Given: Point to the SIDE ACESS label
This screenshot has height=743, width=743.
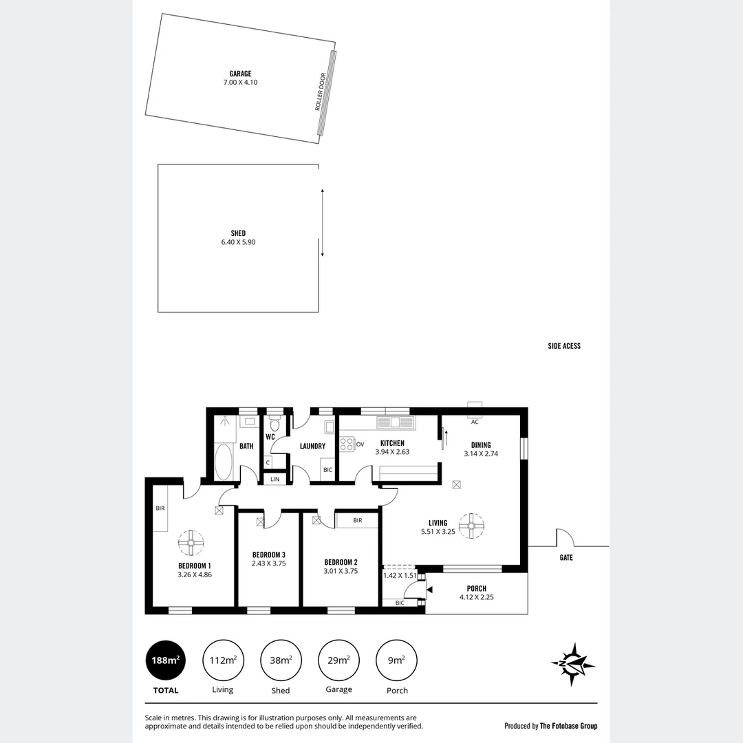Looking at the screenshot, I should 564,346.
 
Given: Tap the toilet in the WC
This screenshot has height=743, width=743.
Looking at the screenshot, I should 275,425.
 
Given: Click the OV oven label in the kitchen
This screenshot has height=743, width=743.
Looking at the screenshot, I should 360,444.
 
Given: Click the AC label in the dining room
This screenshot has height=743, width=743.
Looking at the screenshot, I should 475,422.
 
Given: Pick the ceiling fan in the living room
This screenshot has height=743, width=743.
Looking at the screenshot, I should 472,526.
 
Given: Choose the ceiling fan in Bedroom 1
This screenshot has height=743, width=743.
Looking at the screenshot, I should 191,543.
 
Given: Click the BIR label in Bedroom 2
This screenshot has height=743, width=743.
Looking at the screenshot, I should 357,521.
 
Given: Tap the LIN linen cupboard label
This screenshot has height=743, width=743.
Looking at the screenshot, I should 275,478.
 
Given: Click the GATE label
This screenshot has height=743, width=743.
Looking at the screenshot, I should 566,558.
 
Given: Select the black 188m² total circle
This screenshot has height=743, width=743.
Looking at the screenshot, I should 165,661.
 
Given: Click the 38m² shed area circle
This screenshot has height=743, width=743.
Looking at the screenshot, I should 281,661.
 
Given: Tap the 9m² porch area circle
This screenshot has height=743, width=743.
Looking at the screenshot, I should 396,661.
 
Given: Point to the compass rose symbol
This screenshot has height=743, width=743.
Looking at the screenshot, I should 573,664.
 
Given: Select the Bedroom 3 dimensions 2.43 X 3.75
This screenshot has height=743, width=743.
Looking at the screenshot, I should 268,563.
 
